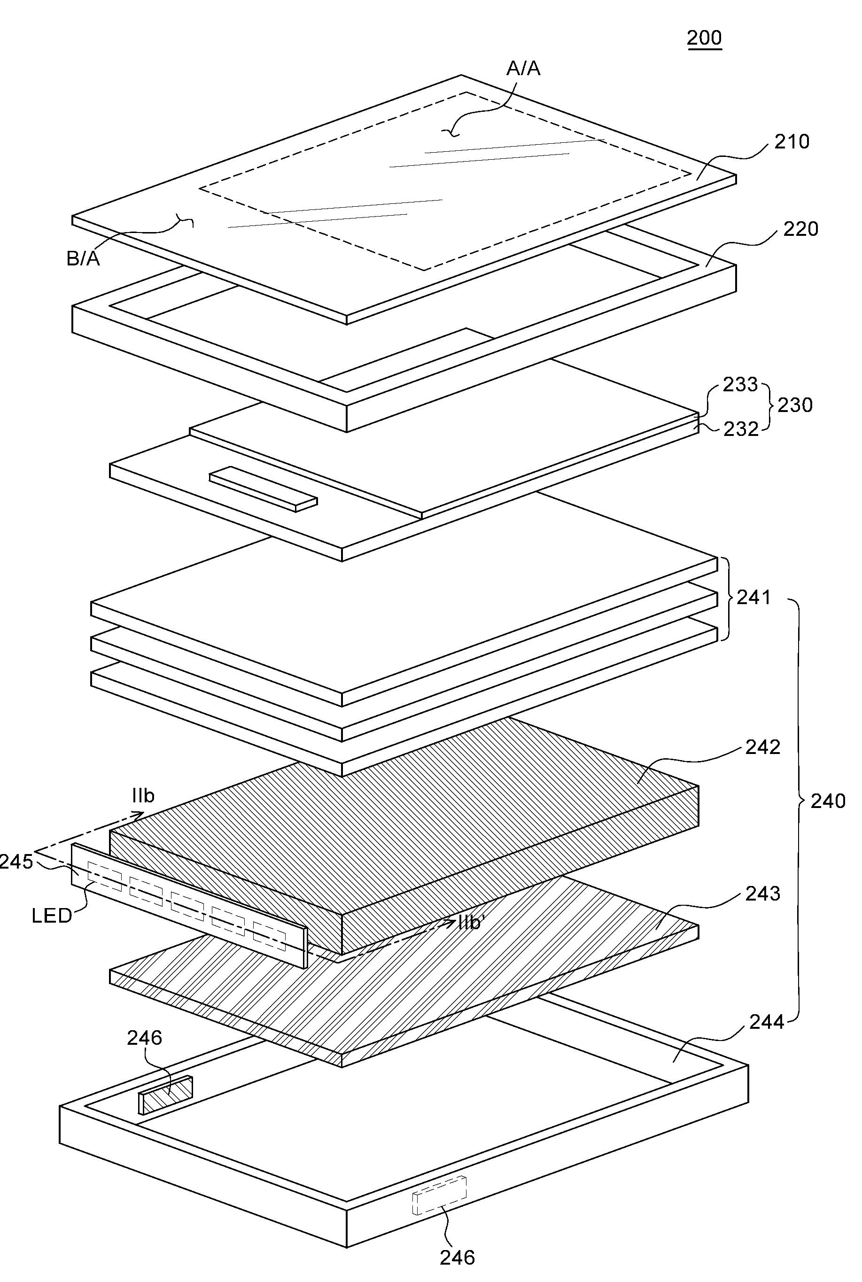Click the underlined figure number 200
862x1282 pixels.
tap(704, 38)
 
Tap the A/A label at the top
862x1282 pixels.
tap(523, 68)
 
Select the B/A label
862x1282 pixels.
tap(83, 258)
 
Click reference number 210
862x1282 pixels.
tap(792, 142)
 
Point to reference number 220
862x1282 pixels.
tap(800, 229)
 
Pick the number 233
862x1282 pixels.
tap(740, 384)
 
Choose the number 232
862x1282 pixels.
tap(740, 429)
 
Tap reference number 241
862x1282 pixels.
tap(753, 597)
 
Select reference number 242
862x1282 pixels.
tap(762, 747)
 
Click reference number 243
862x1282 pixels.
tap(762, 894)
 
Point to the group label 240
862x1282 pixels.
tap(828, 801)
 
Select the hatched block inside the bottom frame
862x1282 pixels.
tap(166, 1095)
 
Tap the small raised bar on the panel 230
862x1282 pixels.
tap(263, 489)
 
